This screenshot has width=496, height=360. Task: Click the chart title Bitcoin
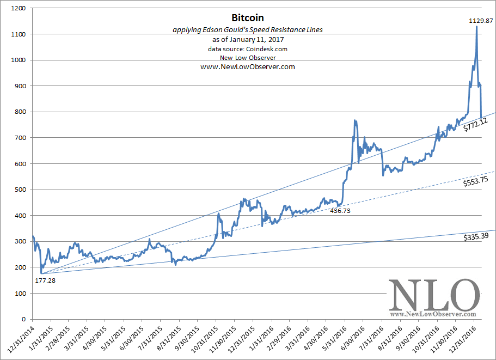click(248, 18)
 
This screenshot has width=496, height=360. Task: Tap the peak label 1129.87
click(481, 21)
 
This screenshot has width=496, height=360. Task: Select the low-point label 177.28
click(45, 280)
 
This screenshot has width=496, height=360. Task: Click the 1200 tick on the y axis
click(19, 9)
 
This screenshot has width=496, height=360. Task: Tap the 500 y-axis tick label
click(20, 190)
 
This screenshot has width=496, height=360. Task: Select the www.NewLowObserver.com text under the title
click(248, 67)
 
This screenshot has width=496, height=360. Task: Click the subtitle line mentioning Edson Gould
click(248, 30)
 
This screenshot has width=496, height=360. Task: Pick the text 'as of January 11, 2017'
click(248, 40)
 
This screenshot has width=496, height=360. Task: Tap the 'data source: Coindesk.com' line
click(248, 49)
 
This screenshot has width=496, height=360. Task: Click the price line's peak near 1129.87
click(477, 27)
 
